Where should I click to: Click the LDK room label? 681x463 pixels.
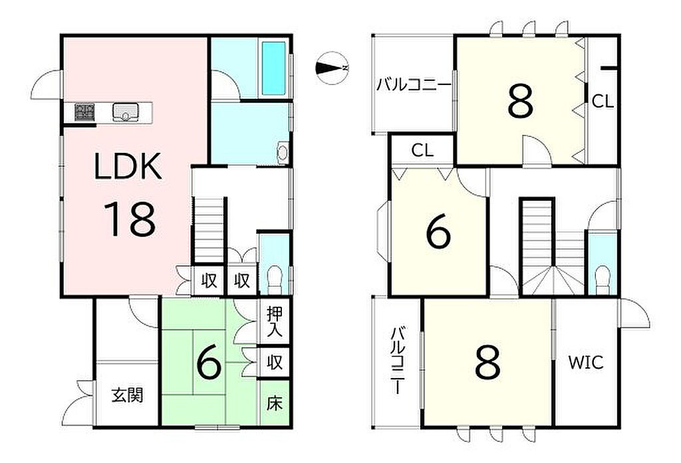pyautogui.click(x=128, y=165)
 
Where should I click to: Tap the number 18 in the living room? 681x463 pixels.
pyautogui.click(x=129, y=219)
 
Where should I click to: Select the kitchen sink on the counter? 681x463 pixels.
pyautogui.click(x=126, y=112)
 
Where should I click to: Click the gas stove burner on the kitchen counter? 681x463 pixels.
pyautogui.click(x=84, y=112)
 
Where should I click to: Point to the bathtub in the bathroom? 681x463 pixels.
pyautogui.click(x=274, y=68)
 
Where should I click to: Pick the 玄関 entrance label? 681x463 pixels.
pyautogui.click(x=127, y=395)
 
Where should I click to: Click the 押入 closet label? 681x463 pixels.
pyautogui.click(x=275, y=322)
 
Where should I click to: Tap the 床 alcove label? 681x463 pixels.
pyautogui.click(x=275, y=404)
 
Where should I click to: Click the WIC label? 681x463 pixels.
pyautogui.click(x=586, y=362)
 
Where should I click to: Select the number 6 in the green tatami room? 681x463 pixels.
pyautogui.click(x=209, y=363)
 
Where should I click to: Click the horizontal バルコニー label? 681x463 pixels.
pyautogui.click(x=414, y=84)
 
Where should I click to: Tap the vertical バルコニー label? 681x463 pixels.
pyautogui.click(x=398, y=361)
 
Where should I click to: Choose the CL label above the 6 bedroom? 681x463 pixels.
pyautogui.click(x=422, y=151)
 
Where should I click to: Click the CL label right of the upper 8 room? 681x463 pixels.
pyautogui.click(x=603, y=102)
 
